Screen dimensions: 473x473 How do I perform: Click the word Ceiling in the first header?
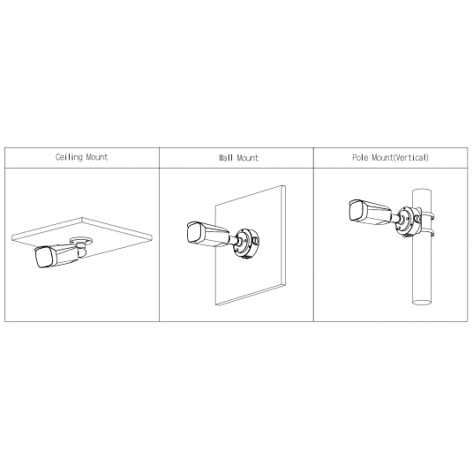point(70,158)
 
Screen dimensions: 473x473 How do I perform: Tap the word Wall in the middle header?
point(226,158)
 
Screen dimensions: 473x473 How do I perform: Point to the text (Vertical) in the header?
point(411,158)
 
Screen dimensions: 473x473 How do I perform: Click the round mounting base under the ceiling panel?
point(86,241)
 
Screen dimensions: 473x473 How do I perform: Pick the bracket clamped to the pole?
point(409,221)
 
